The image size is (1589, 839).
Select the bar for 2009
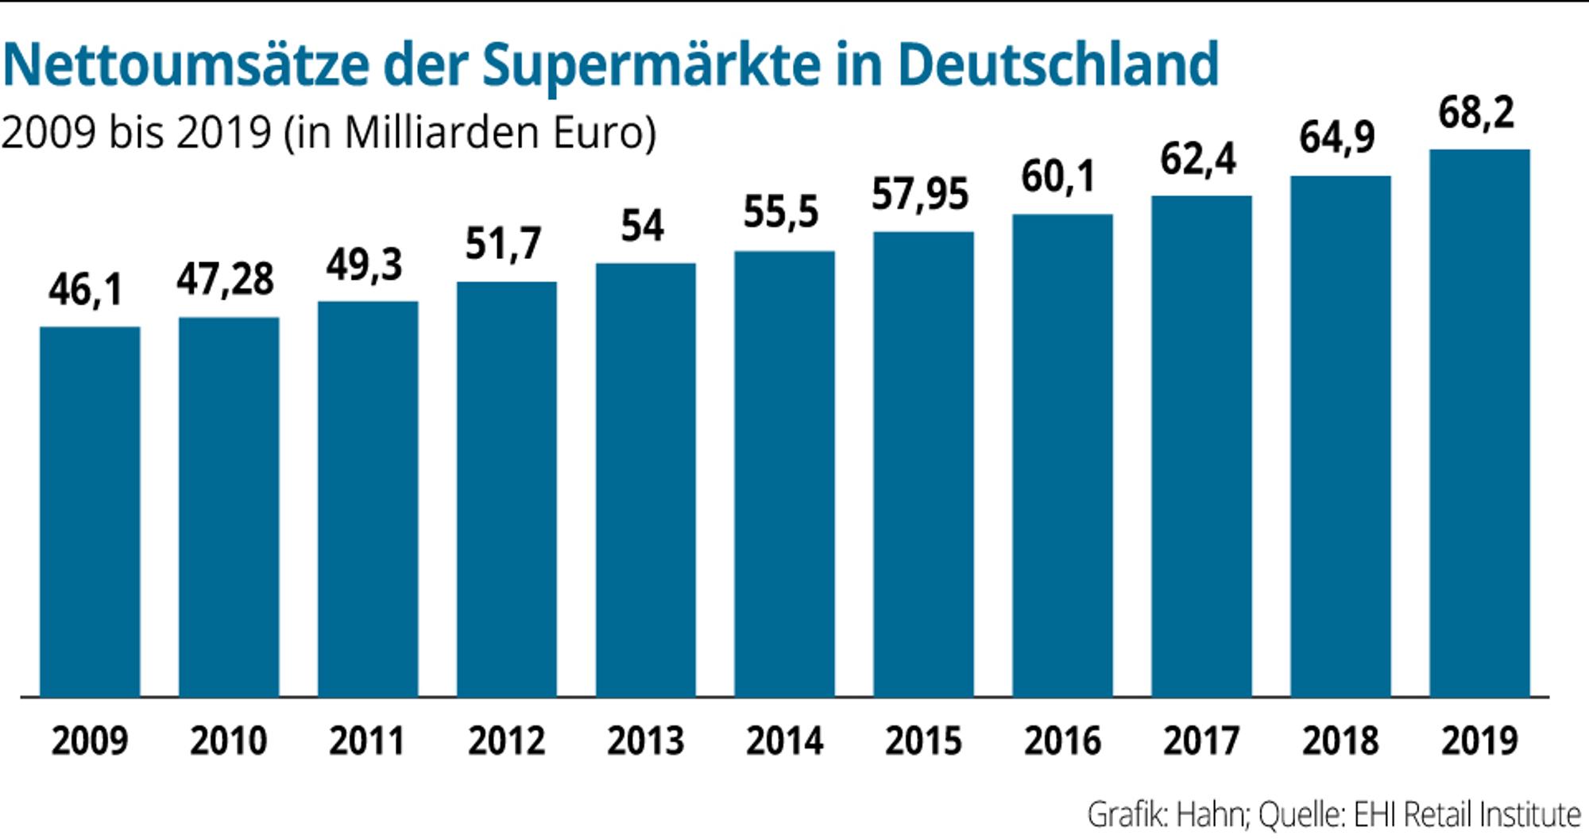click(x=90, y=512)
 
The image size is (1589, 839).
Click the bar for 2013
click(x=646, y=480)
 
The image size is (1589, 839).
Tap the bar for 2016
click(x=1062, y=455)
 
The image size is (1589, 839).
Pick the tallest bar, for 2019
click(x=1479, y=423)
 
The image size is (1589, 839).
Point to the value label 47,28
click(x=226, y=279)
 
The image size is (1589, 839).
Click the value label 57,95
click(x=921, y=194)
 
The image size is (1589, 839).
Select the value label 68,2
click(x=1477, y=112)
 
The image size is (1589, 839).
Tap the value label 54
click(x=643, y=226)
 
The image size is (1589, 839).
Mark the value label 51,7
click(x=504, y=243)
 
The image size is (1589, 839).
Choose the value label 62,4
click(x=1199, y=158)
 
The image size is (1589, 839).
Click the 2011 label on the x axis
click(x=367, y=741)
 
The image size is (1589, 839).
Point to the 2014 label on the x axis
click(x=784, y=741)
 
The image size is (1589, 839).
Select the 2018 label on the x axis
click(x=1340, y=741)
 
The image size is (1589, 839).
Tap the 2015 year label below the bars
click(x=923, y=741)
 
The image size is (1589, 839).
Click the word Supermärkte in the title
click(x=651, y=65)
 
